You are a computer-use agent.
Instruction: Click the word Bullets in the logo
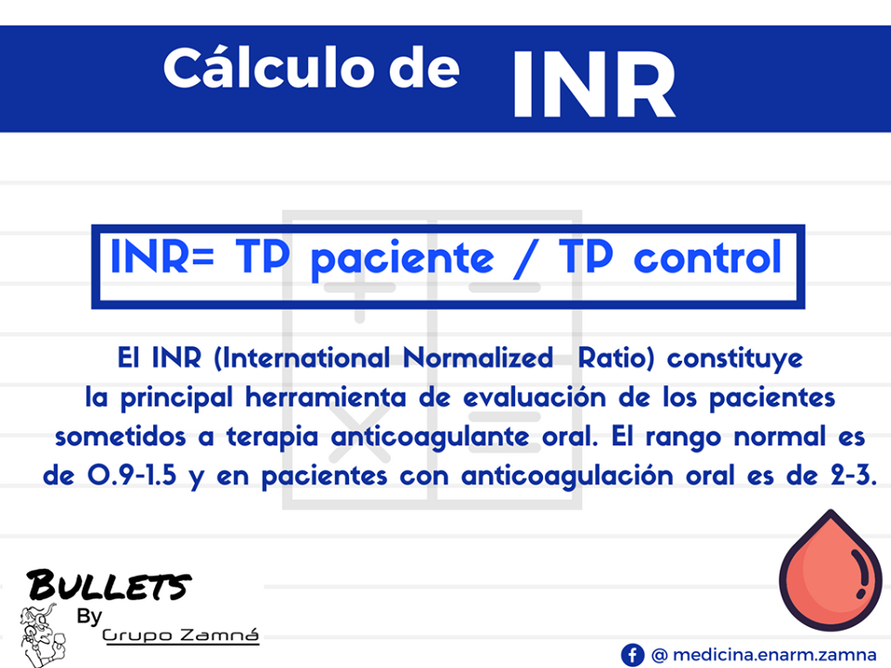coord(110,585)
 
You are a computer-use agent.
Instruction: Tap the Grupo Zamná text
coord(180,636)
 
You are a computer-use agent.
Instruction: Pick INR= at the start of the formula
coord(163,259)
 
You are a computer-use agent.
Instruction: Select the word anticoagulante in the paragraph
coord(460,436)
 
